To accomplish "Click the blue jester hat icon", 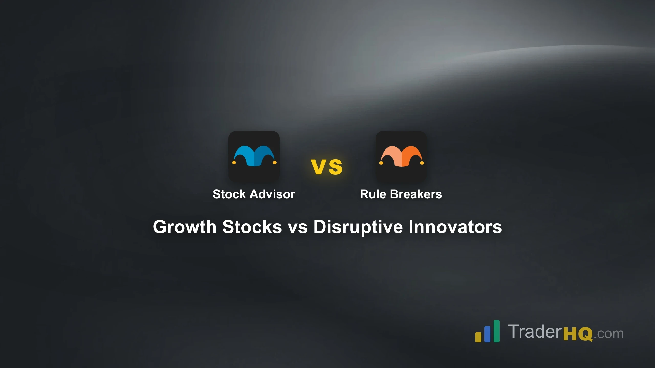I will tap(254, 156).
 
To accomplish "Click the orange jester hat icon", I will tap(401, 156).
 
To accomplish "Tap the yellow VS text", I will tap(327, 167).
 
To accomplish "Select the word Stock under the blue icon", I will tap(229, 194).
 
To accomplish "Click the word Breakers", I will tap(416, 194).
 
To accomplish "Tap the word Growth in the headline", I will tap(185, 227).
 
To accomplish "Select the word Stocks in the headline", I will tap(252, 227).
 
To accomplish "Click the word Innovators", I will tap(455, 227).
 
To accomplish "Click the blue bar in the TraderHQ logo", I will tap(487, 334).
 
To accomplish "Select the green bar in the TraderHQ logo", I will tap(497, 331).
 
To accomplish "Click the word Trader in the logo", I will tap(535, 331).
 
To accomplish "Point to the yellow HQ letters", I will tap(578, 334).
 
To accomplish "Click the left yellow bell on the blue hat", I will tap(234, 163).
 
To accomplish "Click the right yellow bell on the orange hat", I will tap(422, 163).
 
